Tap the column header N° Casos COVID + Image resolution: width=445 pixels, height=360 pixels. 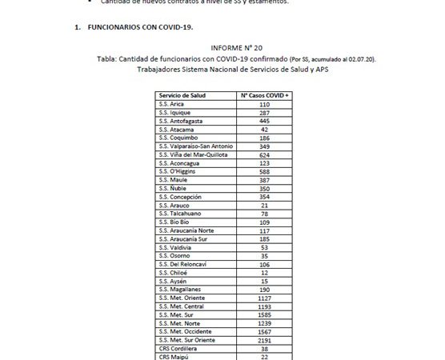tap(265, 95)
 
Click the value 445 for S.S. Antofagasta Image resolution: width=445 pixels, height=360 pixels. tap(265, 121)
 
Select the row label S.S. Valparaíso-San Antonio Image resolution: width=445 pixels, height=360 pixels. tap(195, 146)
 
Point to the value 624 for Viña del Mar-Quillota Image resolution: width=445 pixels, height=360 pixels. tap(265, 154)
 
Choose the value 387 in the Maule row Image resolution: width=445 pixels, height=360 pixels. tap(265, 180)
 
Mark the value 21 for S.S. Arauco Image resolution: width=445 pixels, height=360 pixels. tap(265, 205)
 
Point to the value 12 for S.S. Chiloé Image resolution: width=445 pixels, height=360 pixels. tap(265, 272)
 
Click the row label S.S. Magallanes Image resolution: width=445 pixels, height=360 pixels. tap(180, 289)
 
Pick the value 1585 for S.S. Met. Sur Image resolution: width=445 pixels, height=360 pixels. tap(265, 314)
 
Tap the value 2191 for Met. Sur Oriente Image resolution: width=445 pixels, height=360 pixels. tap(265, 339)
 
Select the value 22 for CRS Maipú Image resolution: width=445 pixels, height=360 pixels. tap(265, 356)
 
